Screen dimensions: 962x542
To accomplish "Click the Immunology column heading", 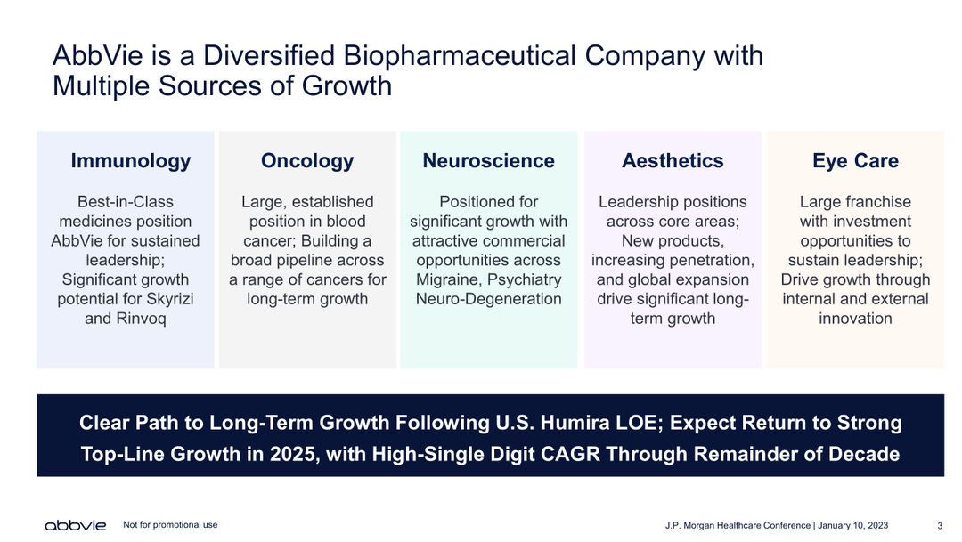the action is (131, 161).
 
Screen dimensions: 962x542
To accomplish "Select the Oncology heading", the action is (307, 161).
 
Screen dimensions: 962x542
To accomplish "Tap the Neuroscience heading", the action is (488, 160).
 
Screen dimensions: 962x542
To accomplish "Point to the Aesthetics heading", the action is (673, 160).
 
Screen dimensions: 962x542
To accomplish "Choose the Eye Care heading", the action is (855, 161).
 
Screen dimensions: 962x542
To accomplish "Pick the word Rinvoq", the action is (141, 319).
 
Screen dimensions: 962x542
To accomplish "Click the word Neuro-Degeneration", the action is (488, 299).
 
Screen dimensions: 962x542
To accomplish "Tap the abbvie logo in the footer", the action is (76, 526).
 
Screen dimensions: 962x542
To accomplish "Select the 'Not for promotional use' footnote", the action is (170, 525).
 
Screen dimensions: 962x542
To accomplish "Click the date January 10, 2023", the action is (852, 525).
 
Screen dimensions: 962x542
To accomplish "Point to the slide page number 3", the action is (940, 525).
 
